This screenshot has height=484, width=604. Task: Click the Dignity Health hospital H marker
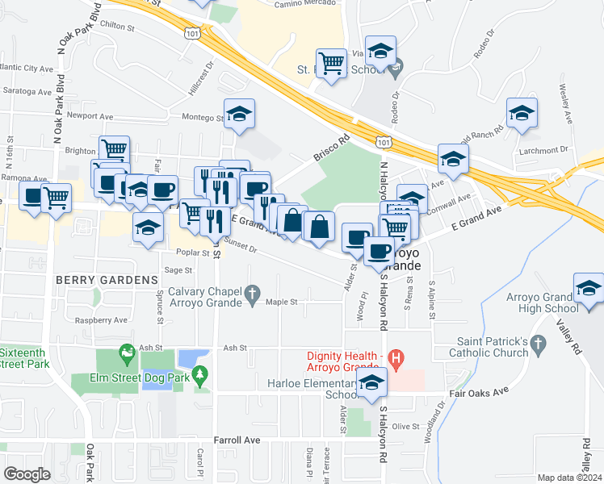(396, 357)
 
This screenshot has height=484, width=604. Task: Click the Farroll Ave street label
(237, 440)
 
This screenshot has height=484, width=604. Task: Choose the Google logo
(27, 474)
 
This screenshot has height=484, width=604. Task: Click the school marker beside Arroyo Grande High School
(589, 289)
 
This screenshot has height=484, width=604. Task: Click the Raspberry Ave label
(100, 320)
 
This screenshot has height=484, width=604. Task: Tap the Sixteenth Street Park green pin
(126, 353)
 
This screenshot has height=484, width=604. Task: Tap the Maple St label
(283, 302)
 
